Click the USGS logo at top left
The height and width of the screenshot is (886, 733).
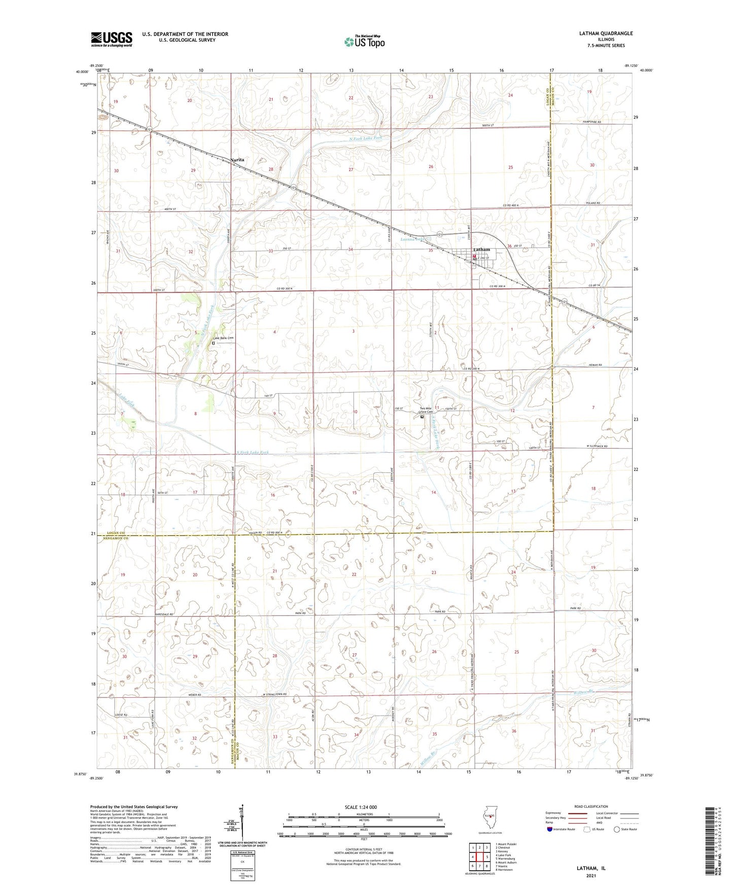(x=111, y=39)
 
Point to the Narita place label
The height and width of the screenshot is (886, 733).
(x=237, y=160)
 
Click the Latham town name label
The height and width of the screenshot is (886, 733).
(x=481, y=250)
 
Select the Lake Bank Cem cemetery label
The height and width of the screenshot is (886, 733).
(x=223, y=338)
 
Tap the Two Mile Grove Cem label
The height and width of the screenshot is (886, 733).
(x=426, y=410)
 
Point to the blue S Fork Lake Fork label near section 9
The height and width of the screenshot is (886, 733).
(x=253, y=453)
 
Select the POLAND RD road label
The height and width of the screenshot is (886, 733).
(x=592, y=203)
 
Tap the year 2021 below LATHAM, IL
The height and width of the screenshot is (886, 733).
(x=591, y=875)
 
